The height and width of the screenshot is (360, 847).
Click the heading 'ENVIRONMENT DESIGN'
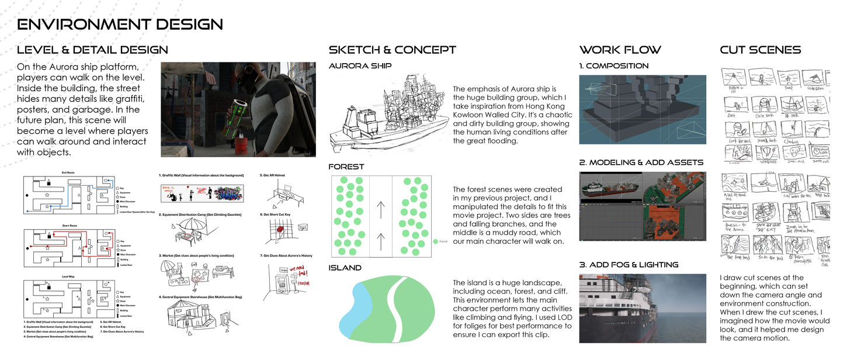point(120,25)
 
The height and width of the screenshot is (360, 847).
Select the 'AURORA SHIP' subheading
point(360,66)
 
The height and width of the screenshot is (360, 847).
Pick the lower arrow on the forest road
point(381,240)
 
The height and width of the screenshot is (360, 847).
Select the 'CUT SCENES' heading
point(760,50)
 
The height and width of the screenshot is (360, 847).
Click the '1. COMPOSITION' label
point(614,66)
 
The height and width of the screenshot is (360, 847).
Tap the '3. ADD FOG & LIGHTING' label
point(629,265)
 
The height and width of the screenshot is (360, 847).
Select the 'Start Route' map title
point(70,225)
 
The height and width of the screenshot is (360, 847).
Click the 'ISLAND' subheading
point(345,268)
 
